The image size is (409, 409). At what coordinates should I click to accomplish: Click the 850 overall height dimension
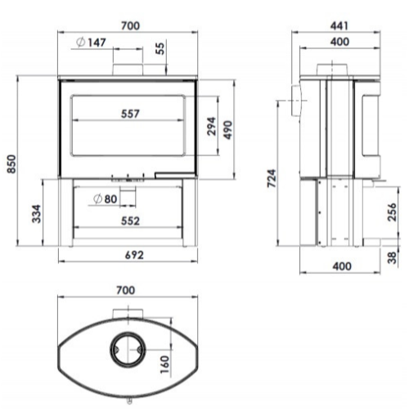click(x=11, y=164)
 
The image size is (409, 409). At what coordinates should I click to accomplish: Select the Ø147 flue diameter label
click(x=91, y=43)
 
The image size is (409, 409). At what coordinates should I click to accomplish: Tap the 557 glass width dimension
click(x=130, y=114)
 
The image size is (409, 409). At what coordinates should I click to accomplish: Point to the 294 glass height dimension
click(x=211, y=126)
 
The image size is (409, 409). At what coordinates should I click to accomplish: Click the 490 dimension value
click(x=227, y=130)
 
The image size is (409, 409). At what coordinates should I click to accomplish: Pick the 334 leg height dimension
click(x=36, y=214)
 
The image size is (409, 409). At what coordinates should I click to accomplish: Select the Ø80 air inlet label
click(x=106, y=199)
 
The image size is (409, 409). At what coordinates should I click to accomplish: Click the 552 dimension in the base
click(x=130, y=221)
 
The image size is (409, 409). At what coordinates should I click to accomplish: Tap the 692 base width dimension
click(x=134, y=255)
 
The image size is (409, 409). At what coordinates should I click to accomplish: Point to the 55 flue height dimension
click(x=161, y=48)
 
